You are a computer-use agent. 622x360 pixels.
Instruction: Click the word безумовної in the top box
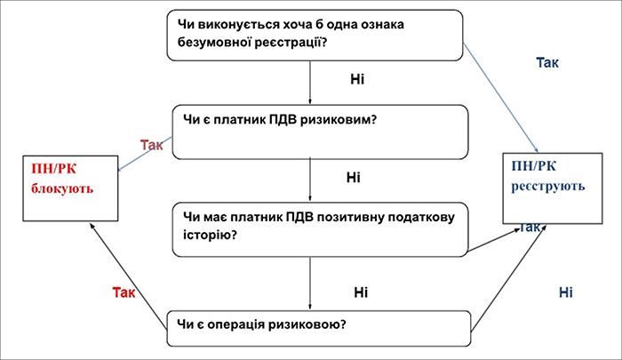click(x=210, y=41)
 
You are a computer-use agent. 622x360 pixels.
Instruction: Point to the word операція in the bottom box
click(x=247, y=323)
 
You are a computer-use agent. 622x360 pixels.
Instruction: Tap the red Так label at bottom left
click(x=124, y=292)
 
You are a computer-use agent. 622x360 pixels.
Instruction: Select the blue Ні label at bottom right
click(x=566, y=292)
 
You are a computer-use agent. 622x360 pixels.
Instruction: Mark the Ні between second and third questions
click(x=354, y=178)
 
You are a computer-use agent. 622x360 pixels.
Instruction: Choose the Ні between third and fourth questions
click(x=361, y=291)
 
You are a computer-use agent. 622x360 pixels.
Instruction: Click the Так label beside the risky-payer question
click(x=152, y=146)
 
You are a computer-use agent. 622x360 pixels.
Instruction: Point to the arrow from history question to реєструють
click(x=493, y=240)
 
